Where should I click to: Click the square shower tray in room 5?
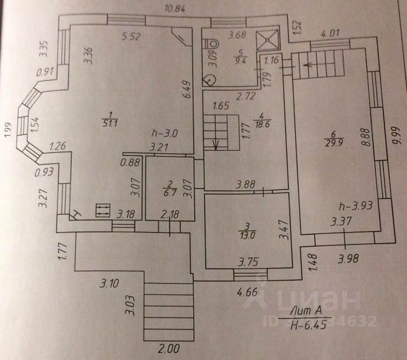[266, 40]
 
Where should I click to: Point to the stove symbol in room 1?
[102, 211]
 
